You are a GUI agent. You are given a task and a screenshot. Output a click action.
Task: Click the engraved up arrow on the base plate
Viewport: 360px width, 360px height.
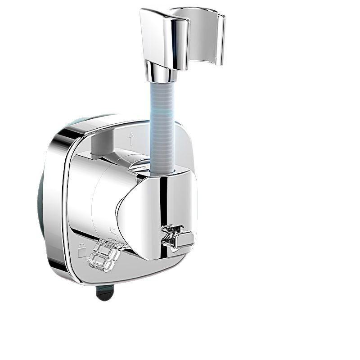[x=130, y=139]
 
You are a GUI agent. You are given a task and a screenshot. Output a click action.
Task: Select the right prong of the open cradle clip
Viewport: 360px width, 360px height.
[x=220, y=38]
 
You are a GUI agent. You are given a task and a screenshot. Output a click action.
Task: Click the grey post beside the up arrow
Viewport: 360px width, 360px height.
[x=100, y=144]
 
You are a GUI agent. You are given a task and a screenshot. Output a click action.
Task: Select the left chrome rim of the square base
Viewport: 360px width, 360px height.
[x=56, y=202]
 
